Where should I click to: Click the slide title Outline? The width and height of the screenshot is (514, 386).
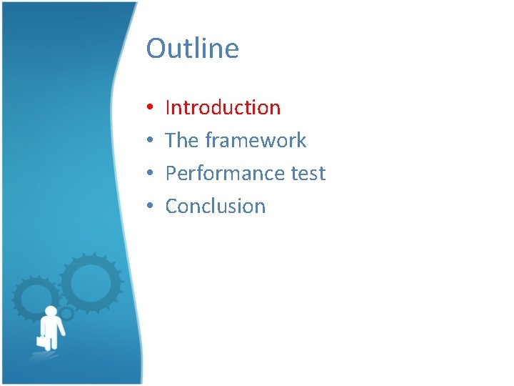pyautogui.click(x=192, y=49)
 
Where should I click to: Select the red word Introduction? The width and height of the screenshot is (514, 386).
pyautogui.click(x=223, y=108)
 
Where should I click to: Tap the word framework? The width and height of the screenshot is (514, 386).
pyautogui.click(x=255, y=140)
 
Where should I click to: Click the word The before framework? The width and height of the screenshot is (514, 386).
pyautogui.click(x=181, y=140)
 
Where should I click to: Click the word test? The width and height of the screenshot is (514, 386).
pyautogui.click(x=309, y=174)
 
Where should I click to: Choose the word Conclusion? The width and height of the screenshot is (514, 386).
pyautogui.click(x=215, y=207)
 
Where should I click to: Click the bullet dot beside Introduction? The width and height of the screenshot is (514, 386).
pyautogui.click(x=151, y=109)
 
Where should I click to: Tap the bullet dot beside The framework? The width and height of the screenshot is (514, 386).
pyautogui.click(x=151, y=142)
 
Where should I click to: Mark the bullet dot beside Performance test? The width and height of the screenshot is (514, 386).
pyautogui.click(x=151, y=174)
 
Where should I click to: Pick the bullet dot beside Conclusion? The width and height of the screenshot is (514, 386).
pyautogui.click(x=151, y=207)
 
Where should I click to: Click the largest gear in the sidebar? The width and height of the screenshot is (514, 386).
pyautogui.click(x=91, y=284)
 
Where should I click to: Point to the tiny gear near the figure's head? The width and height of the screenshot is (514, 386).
pyautogui.click(x=66, y=314)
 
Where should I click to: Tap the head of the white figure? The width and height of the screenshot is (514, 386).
pyautogui.click(x=50, y=311)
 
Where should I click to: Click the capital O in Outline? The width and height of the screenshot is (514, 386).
pyautogui.click(x=156, y=49)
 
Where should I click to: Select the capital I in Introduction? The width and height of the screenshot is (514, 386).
pyautogui.click(x=168, y=108)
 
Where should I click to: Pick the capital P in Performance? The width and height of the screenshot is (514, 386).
pyautogui.click(x=171, y=174)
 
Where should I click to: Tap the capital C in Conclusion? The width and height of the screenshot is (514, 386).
pyautogui.click(x=172, y=207)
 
